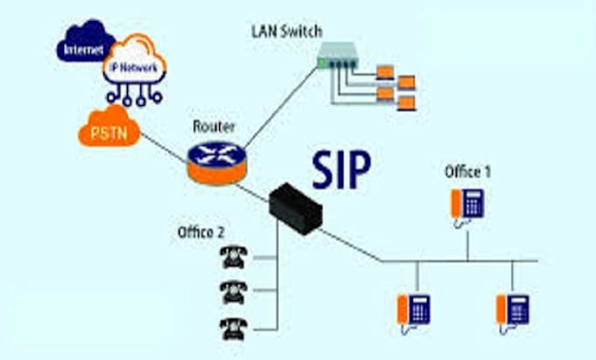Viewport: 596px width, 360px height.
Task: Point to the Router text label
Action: [212, 126]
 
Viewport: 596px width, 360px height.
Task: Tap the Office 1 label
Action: [468, 172]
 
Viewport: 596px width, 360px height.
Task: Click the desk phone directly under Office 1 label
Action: [467, 205]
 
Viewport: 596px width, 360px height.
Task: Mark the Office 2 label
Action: [202, 231]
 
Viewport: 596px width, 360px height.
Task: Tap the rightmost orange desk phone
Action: [512, 310]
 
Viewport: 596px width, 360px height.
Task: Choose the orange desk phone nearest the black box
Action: [414, 310]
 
